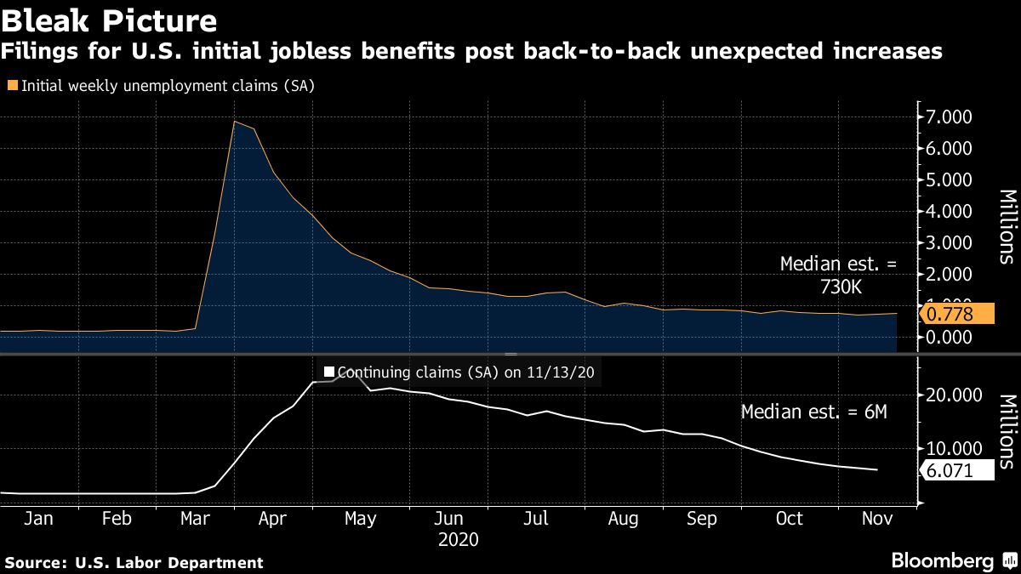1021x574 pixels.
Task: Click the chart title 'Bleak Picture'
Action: tap(108, 19)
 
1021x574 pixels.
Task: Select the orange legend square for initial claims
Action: tap(12, 85)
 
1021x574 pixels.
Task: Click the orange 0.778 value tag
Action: tap(956, 315)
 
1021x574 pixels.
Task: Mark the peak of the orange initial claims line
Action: tap(234, 122)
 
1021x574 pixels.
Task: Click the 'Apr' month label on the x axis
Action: tap(273, 519)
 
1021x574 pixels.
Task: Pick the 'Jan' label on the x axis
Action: tap(39, 519)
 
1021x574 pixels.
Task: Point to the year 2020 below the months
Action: tap(458, 540)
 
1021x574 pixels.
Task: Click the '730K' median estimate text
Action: tap(838, 287)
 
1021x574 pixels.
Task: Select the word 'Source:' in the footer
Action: tap(37, 562)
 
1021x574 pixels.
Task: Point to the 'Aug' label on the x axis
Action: tap(624, 519)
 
